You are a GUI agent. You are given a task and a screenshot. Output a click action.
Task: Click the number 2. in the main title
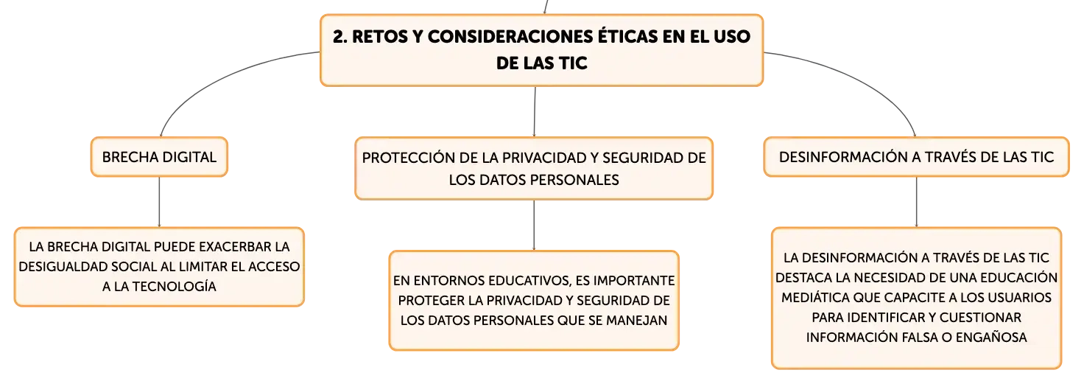[x=339, y=37]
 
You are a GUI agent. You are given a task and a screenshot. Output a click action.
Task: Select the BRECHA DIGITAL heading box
[x=159, y=157]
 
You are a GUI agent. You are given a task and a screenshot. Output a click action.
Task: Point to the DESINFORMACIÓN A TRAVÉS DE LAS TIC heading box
[x=917, y=157]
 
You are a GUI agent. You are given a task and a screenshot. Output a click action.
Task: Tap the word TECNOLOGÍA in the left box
[x=175, y=286]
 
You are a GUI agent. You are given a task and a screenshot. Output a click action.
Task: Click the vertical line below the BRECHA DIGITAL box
[x=159, y=202]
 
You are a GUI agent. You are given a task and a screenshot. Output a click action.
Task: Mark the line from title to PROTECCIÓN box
[x=535, y=112]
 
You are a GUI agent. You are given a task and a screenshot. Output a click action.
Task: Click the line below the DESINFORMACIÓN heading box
[x=917, y=202]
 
